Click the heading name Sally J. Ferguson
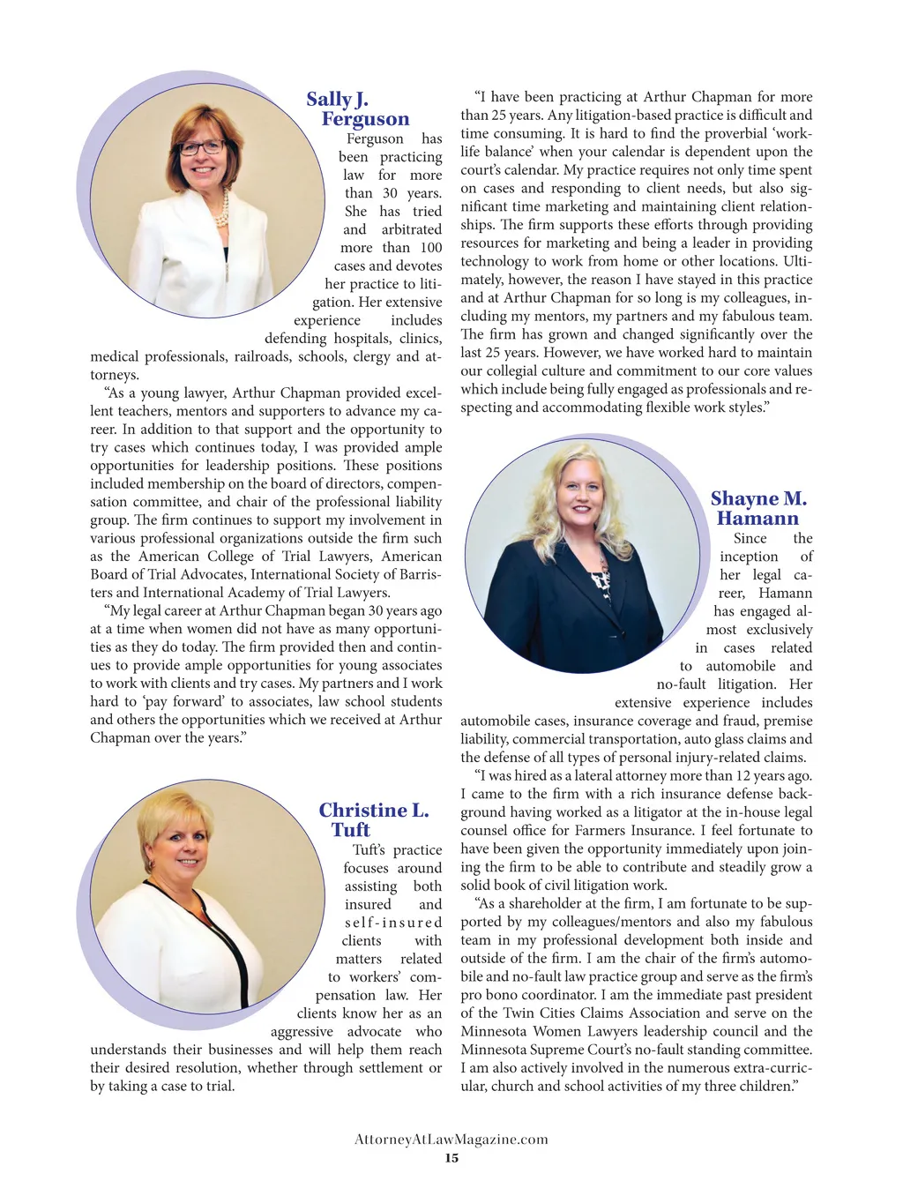(357, 109)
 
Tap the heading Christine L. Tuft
(373, 819)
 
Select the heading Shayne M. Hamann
(758, 509)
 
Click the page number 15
(451, 1158)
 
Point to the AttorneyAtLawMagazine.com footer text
(451, 1140)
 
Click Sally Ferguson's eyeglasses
(202, 146)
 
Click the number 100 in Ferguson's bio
(431, 248)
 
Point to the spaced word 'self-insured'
(392, 923)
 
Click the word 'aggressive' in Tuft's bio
(302, 1032)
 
